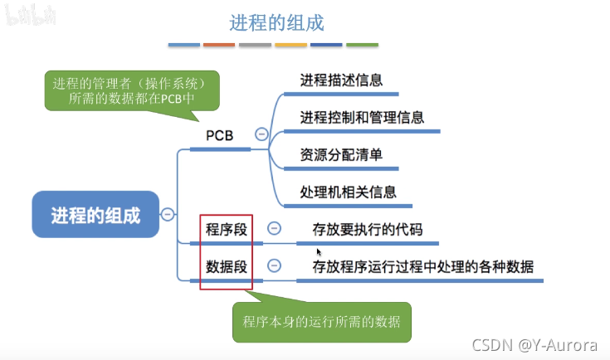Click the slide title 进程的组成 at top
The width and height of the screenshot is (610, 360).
(x=276, y=22)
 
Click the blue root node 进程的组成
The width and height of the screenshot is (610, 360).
(x=95, y=216)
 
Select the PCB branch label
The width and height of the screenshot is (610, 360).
(x=219, y=135)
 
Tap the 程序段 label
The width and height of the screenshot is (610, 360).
(x=227, y=229)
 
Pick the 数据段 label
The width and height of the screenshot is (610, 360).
(x=227, y=266)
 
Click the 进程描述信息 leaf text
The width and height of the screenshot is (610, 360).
(x=341, y=81)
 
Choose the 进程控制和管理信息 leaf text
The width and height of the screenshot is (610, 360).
(x=362, y=117)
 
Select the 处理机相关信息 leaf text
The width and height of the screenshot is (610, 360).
(x=348, y=192)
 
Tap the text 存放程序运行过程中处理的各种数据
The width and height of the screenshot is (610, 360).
(x=422, y=266)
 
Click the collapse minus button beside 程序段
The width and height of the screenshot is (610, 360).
(x=274, y=229)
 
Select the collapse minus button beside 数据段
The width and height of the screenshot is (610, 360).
(x=274, y=266)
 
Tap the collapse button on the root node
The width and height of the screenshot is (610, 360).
(x=167, y=215)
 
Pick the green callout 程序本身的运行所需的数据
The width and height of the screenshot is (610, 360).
(x=321, y=322)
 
